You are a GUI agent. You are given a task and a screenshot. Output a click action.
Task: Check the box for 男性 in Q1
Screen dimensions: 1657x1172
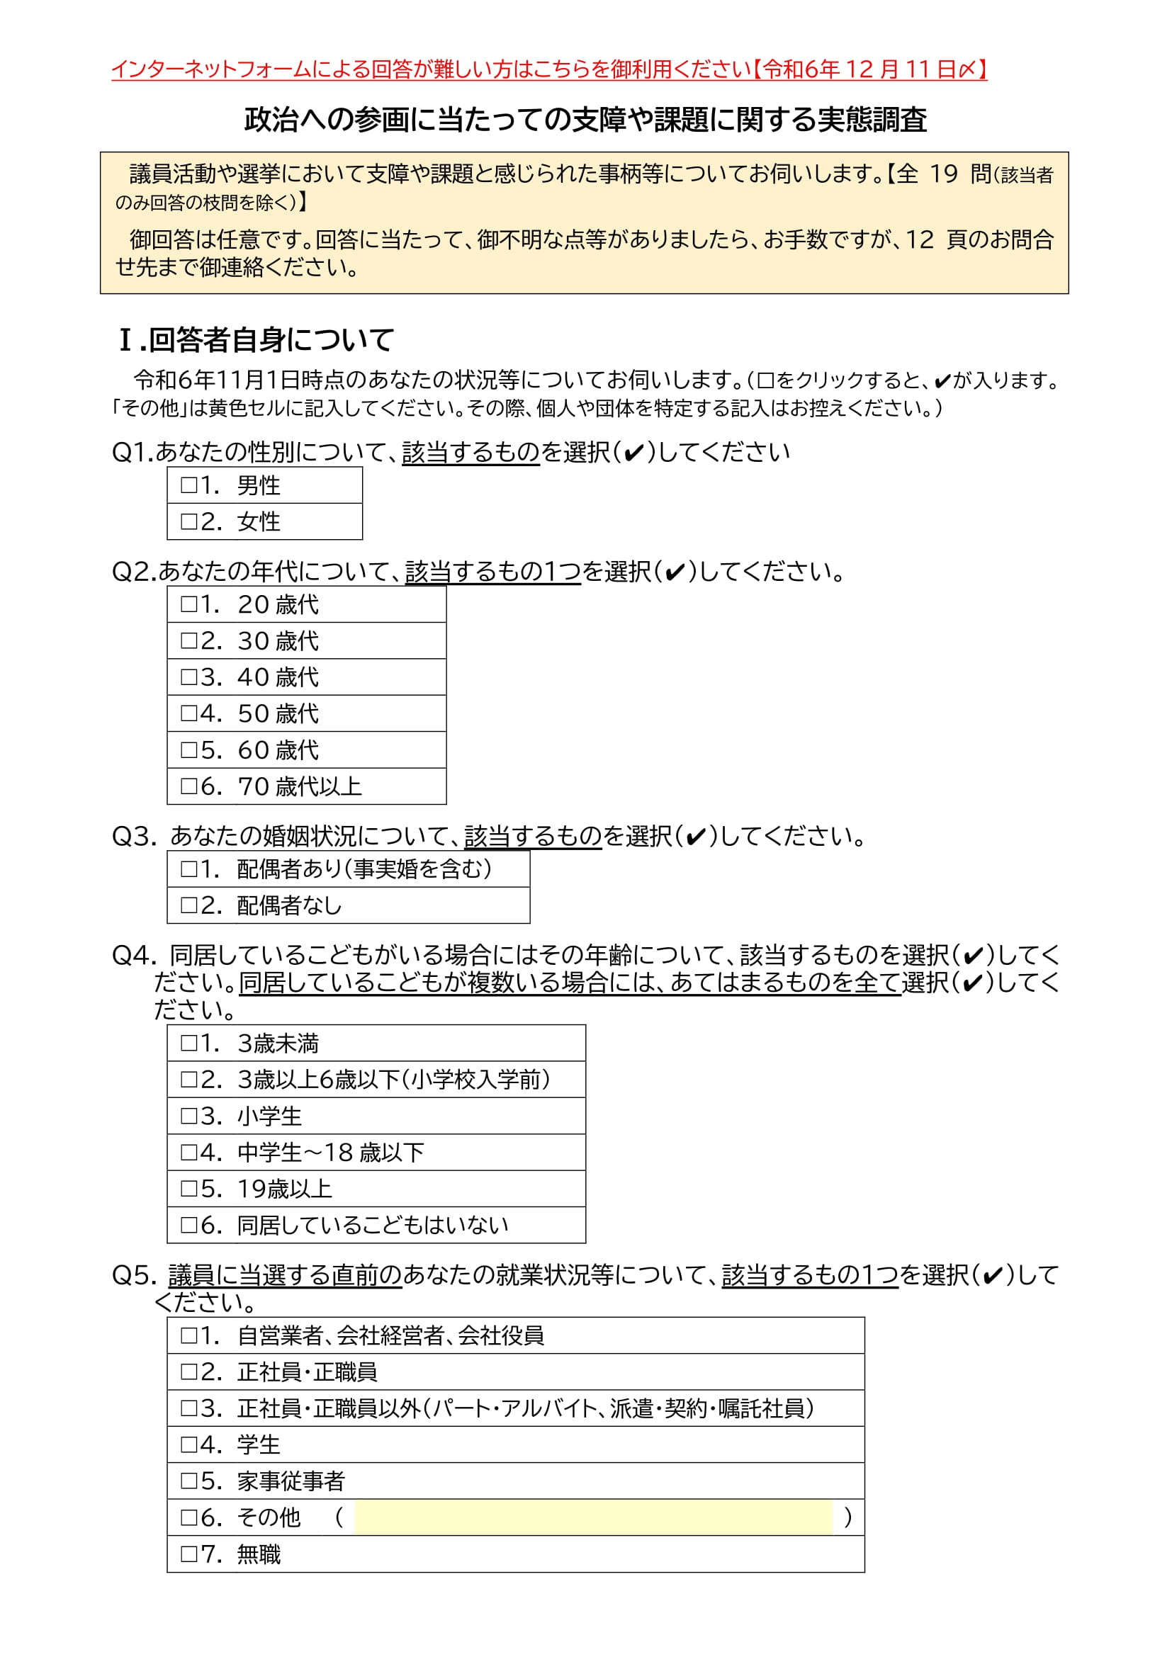point(189,485)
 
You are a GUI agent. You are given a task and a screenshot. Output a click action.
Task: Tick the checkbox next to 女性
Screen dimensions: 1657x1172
point(189,521)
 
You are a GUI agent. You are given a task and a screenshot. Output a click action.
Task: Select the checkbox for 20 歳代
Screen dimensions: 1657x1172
point(189,604)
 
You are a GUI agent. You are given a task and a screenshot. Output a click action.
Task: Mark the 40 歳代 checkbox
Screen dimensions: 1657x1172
point(189,677)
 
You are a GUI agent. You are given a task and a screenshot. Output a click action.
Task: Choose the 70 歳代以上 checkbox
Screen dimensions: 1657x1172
point(189,786)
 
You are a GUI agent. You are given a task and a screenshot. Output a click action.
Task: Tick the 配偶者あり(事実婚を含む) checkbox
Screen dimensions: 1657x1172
point(189,869)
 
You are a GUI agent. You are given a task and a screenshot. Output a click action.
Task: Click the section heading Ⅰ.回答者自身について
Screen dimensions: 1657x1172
point(257,340)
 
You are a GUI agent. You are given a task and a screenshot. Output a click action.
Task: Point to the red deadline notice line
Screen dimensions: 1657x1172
point(548,69)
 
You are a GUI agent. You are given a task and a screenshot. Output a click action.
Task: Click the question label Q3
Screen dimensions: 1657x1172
point(133,837)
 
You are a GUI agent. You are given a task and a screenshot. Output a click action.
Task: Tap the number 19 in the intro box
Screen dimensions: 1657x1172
point(943,174)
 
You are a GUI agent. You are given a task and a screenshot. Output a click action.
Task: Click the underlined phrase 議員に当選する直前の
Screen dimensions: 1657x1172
point(285,1275)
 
